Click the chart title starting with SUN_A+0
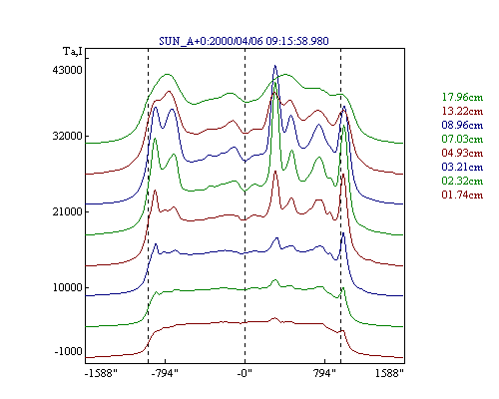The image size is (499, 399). pos(244,41)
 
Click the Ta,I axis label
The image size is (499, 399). pos(73,52)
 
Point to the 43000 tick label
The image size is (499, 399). pos(67,70)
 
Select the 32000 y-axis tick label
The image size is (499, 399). pos(67,136)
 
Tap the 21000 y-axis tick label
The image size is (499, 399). pos(67,211)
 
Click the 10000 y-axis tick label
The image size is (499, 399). pos(67,287)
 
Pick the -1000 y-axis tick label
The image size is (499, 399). pos(68,351)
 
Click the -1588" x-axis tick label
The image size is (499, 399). pos(101,373)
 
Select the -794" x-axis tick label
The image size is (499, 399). pos(165,373)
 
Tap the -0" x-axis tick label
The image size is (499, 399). pos(245,373)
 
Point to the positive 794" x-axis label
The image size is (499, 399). pos(324,373)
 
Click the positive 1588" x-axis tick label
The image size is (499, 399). pos(389,373)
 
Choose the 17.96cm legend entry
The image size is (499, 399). pos(462,97)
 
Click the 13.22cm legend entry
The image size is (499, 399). pos(462,111)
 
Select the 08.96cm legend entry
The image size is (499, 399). pos(462,125)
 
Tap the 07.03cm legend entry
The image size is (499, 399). pos(462,139)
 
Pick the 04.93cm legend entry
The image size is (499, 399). pos(462,153)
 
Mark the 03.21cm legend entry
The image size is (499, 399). pos(462,167)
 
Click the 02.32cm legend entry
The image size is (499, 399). pos(462,181)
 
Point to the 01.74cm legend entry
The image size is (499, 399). pos(462,195)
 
